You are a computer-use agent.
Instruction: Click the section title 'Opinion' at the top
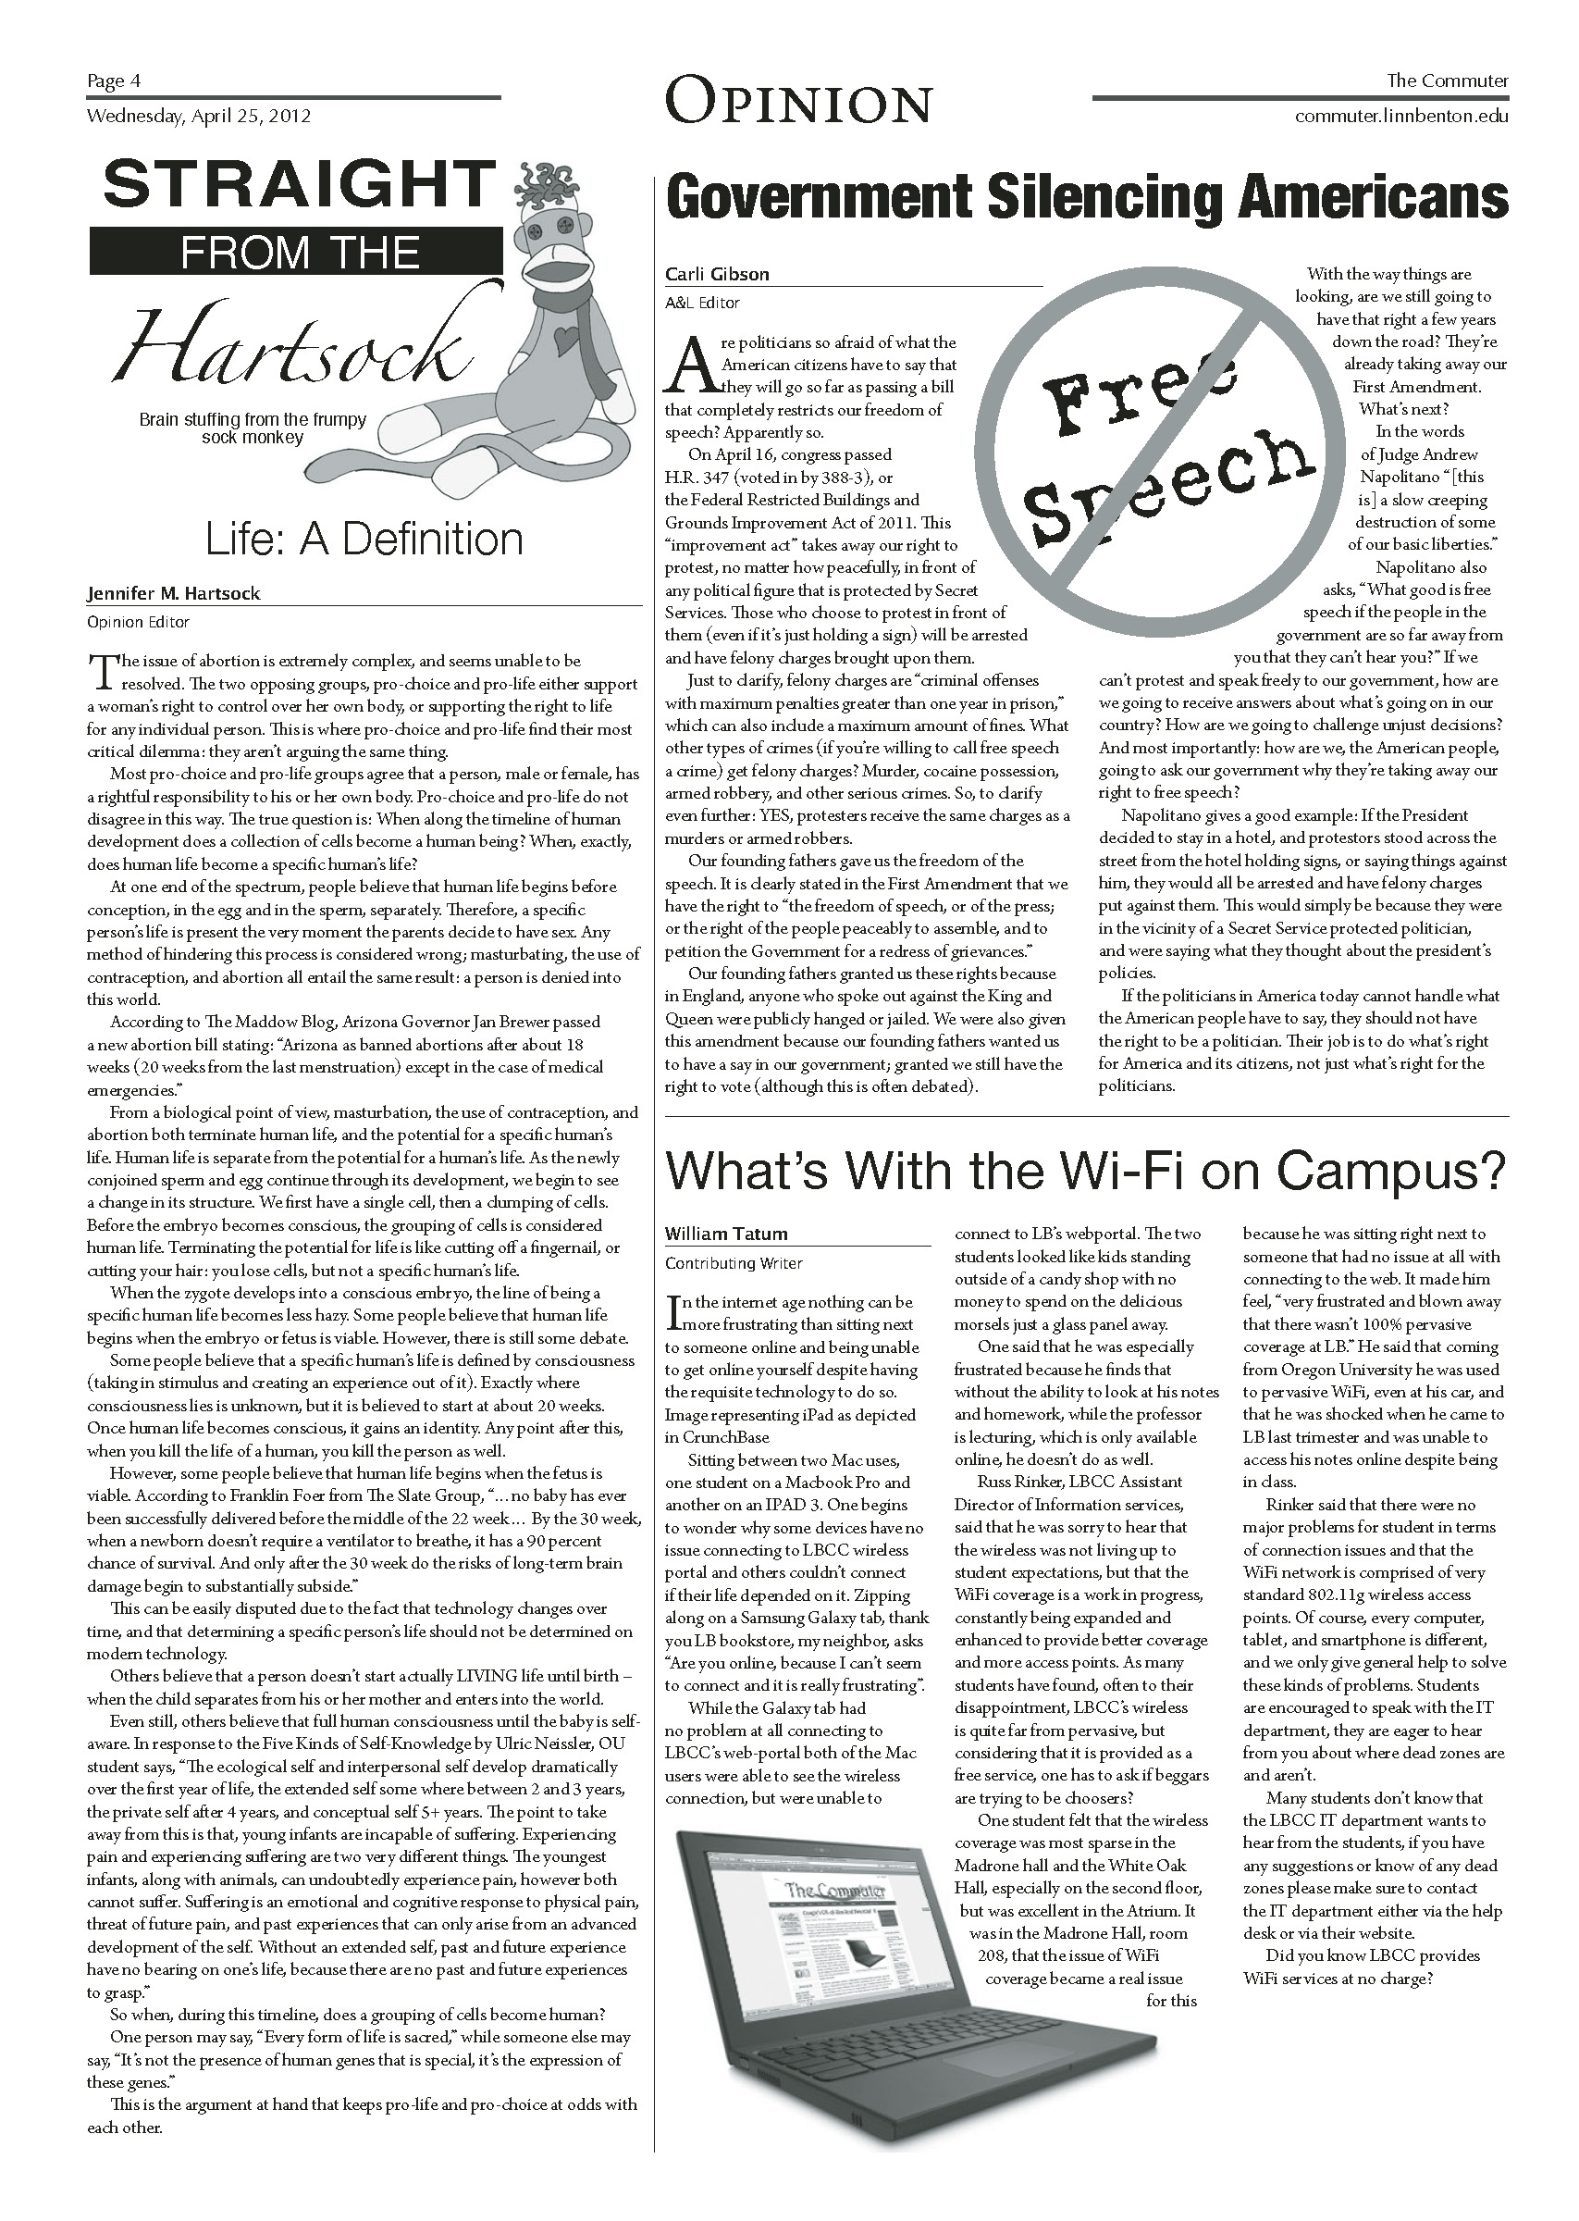click(x=798, y=102)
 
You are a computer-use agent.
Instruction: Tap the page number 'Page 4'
click(x=114, y=81)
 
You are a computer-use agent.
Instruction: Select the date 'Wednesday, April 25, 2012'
click(x=198, y=117)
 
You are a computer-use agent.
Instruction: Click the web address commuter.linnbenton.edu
click(x=1401, y=117)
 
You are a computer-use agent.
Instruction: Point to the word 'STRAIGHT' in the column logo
click(x=300, y=184)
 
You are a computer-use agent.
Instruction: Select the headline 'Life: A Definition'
click(x=364, y=540)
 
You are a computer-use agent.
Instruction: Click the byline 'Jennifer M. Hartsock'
click(x=173, y=593)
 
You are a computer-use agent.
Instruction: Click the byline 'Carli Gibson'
click(x=717, y=274)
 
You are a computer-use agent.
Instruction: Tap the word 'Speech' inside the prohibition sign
click(x=1166, y=487)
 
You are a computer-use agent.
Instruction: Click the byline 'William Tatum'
click(x=725, y=1234)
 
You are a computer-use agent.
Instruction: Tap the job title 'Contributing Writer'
click(x=734, y=1263)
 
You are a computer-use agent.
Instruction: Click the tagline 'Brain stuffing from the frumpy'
click(x=253, y=420)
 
